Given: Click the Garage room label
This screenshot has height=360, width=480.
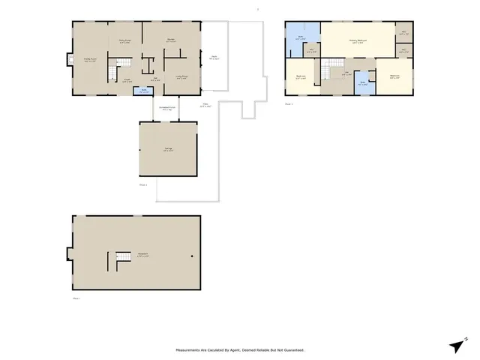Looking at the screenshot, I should click(168, 149).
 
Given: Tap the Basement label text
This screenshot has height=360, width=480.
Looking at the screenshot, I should click(142, 254).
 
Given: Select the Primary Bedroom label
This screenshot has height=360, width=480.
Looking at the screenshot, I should click(358, 42).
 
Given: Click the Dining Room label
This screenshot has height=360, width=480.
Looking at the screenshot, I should click(124, 42).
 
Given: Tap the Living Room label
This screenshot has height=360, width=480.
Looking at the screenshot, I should click(181, 76).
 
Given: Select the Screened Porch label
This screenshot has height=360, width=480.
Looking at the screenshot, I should click(168, 109).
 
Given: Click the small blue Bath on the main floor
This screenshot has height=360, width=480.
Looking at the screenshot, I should click(144, 91).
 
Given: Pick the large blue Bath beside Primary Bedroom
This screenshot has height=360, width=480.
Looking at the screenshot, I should click(299, 37).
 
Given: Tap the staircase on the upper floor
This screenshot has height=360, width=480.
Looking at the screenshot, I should click(327, 72).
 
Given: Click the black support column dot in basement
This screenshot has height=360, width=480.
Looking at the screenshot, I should click(192, 256).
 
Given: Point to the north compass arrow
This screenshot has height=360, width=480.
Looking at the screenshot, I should click(457, 344).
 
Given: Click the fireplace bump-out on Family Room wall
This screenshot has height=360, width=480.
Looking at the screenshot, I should click(70, 60).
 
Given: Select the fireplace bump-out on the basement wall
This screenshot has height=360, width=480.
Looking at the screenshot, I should click(69, 253).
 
